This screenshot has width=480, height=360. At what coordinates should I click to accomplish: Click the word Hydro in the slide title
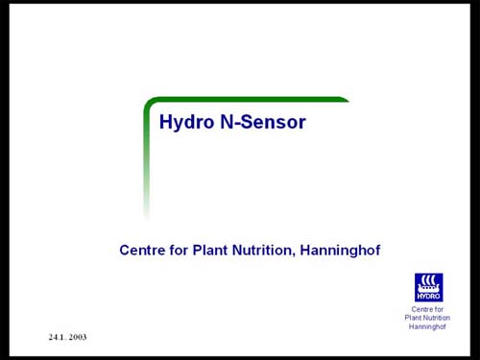coord(182,123)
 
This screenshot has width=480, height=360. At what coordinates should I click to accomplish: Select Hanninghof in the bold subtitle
coord(341,251)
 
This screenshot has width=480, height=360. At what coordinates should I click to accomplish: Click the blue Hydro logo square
coord(428,287)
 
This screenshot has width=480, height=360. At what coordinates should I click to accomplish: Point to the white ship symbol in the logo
coord(428,283)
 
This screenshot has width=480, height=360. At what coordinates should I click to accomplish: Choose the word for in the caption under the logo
coord(440,310)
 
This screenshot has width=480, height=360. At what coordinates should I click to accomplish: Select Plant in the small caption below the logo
coord(415,319)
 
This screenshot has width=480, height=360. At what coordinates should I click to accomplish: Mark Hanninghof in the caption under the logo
coord(428,327)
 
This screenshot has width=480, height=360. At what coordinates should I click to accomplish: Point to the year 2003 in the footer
coord(79,338)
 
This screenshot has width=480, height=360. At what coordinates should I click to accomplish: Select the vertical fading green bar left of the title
coord(147,163)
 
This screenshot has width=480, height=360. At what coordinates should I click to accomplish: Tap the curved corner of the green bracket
coord(150,102)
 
